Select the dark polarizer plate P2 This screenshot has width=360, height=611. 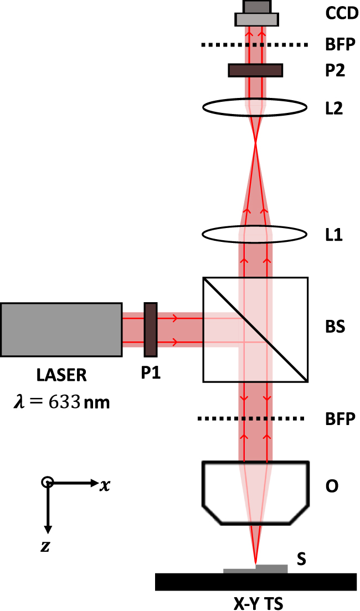click(x=255, y=70)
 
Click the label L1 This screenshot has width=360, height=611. click(x=334, y=235)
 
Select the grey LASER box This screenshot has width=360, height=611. click(x=61, y=329)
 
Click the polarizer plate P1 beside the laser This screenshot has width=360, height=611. click(x=150, y=329)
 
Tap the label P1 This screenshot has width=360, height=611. click(x=150, y=374)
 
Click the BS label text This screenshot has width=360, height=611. click(x=335, y=327)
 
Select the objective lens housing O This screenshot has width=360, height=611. click(x=255, y=491)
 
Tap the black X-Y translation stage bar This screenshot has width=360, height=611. click(x=255, y=582)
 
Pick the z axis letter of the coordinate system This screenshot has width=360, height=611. click(x=45, y=547)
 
